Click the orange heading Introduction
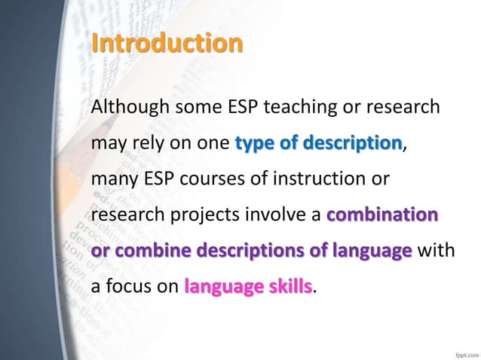tap(167, 43)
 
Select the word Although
tap(127, 108)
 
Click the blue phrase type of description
tap(319, 143)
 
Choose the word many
tap(111, 179)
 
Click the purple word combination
tap(381, 215)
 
